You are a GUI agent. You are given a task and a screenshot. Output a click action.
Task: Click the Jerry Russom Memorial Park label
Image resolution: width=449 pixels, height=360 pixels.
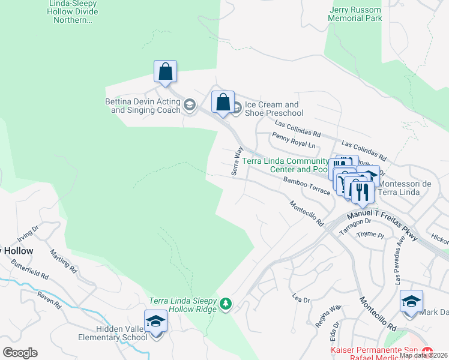coord(355,14)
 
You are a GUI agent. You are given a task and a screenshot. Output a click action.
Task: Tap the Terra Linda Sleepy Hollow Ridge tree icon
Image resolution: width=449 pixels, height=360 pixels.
coord(226,304)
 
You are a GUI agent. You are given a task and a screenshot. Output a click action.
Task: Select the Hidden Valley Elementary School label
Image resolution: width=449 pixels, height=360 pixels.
coord(113,333)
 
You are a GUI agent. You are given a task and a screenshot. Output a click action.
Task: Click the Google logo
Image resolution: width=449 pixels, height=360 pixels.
coord(20,353)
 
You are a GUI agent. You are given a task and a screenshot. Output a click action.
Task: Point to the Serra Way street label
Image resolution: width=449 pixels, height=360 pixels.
coord(237,162)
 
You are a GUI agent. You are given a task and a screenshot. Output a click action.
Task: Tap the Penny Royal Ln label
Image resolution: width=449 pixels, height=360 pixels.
coord(294,140)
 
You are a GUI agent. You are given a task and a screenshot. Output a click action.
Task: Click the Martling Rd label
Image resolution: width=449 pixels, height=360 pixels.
coord(63,260)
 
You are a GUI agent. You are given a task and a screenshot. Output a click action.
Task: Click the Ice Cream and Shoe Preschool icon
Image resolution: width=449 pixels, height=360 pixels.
coord(237,109)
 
